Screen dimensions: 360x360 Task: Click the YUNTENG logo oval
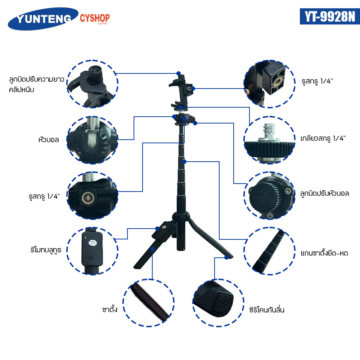coord(43,19)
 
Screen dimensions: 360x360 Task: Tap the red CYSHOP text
coord(95,18)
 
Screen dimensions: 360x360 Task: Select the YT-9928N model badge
coord(330,16)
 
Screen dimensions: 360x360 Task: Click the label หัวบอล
coord(49,140)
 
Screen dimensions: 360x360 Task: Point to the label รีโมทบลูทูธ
coord(46,250)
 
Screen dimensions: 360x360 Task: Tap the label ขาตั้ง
coord(110,309)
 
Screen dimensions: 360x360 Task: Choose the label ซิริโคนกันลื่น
coord(267,310)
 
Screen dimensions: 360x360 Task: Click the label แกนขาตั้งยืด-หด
coord(324,253)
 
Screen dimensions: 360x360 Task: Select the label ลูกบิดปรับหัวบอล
coord(325,194)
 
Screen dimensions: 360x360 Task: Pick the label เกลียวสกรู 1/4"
coord(323,138)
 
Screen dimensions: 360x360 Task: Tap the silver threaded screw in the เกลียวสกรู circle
coord(269,132)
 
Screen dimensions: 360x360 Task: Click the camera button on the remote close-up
coord(92,243)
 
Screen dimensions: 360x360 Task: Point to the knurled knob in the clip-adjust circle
coord(95,75)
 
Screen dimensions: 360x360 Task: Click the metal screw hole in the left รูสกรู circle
coord(88,198)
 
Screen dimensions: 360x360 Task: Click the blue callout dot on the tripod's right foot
coord(226,258)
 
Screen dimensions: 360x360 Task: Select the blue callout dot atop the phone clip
coord(179,73)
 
